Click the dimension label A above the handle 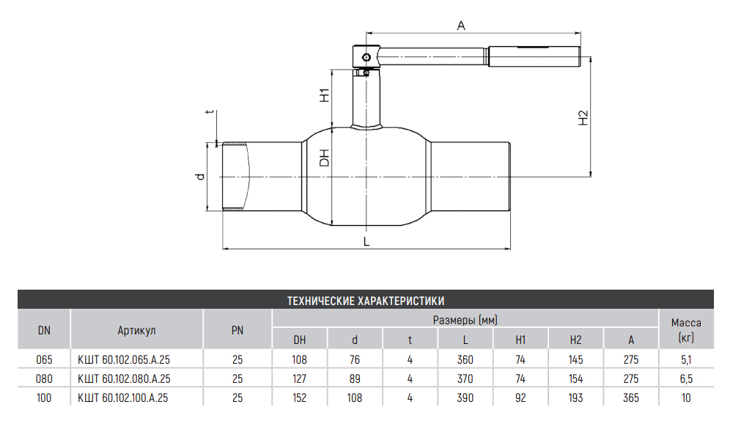click(461, 26)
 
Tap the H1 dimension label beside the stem click(323, 95)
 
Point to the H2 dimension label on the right click(583, 118)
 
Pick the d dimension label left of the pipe click(199, 177)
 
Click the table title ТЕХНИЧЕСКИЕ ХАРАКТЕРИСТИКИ click(366, 300)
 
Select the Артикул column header click(136, 330)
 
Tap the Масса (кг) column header click(686, 330)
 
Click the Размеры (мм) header click(465, 320)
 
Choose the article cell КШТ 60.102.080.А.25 click(124, 379)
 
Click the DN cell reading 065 click(44, 360)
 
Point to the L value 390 click(465, 398)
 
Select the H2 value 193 click(575, 398)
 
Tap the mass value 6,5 click(686, 379)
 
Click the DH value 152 click(300, 398)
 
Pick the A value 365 click(630, 398)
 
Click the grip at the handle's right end click(534, 55)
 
